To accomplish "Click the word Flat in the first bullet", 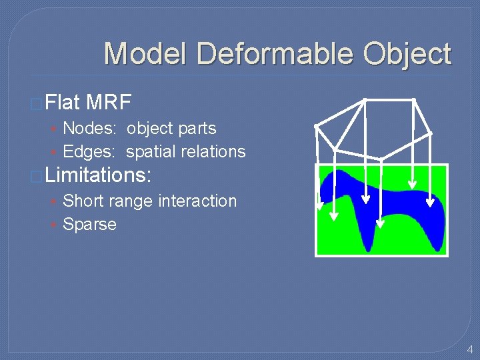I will click(x=63, y=103).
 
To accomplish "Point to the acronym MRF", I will click(x=109, y=103).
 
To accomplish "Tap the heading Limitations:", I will click(x=99, y=176).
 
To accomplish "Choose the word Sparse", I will click(x=89, y=224).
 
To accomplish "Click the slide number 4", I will click(x=469, y=349).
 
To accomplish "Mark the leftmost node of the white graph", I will click(x=316, y=126).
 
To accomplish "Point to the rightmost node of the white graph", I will click(x=430, y=134).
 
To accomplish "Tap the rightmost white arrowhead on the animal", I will click(x=430, y=202).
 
